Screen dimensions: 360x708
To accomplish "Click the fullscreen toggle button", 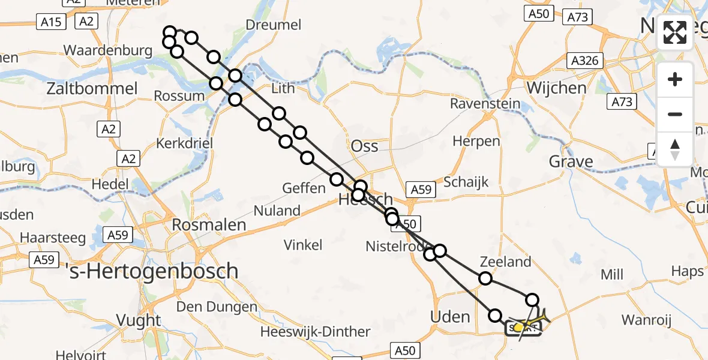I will coord(675,32).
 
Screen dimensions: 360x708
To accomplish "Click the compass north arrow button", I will coord(675,149).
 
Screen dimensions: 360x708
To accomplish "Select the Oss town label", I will coord(364,146).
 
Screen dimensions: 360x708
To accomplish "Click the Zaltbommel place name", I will coord(92,89).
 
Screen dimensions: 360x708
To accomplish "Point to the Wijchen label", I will coord(556,88).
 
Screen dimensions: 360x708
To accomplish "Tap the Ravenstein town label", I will coord(485,104).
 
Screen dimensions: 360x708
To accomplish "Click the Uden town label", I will coord(451,316).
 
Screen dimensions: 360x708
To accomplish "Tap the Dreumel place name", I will coord(274,25).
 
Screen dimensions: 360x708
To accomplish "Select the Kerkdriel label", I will coord(184,144).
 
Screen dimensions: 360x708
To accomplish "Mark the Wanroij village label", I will coord(645,320).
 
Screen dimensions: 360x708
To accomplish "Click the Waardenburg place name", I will coord(108,50).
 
